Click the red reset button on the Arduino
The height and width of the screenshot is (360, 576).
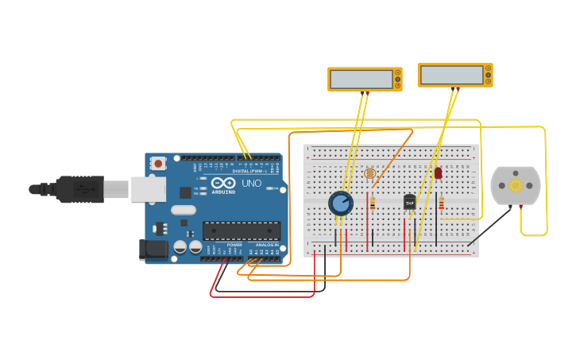click(158, 164)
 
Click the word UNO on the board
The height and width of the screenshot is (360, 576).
click(251, 184)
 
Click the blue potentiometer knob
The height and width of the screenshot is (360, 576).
click(341, 203)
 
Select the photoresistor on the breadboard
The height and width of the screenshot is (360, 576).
click(369, 173)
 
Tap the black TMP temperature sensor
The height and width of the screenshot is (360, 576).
click(410, 202)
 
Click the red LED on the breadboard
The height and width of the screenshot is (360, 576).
click(438, 172)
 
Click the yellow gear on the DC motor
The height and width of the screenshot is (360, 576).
click(516, 185)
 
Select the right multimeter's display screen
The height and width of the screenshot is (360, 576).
click(451, 75)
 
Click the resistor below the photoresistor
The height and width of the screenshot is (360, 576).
click(373, 203)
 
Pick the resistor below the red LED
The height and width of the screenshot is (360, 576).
click(441, 205)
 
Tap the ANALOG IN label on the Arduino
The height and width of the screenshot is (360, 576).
click(265, 245)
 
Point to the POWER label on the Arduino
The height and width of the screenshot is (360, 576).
click(234, 245)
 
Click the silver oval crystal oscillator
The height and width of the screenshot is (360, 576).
click(183, 211)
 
